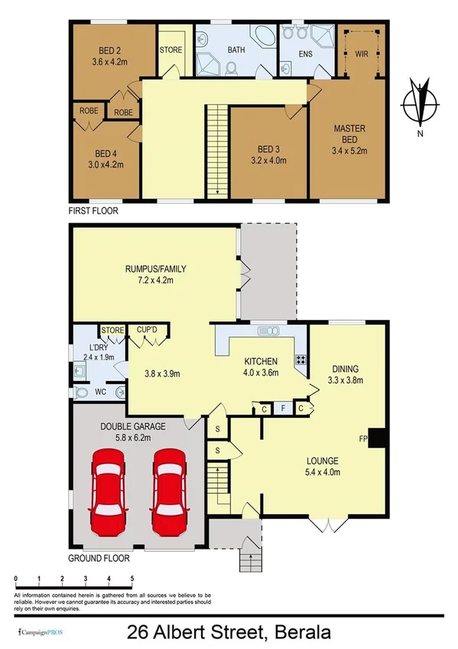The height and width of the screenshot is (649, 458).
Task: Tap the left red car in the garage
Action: point(108,493)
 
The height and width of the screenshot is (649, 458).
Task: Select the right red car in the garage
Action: point(170,493)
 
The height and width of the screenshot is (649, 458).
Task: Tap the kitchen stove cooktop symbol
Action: point(300,359)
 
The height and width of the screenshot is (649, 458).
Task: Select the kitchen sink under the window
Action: point(268,331)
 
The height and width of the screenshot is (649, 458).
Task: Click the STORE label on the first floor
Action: point(171,50)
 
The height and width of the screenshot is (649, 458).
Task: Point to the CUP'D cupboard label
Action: point(146,331)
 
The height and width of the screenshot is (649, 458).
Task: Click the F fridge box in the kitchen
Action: point(282,409)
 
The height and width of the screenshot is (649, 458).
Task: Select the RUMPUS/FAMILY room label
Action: point(156,269)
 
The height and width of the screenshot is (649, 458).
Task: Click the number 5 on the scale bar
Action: point(132,578)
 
